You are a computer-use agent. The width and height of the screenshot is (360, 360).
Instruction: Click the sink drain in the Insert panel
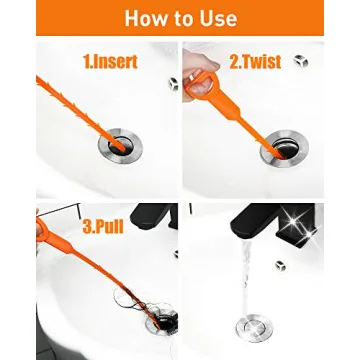click(120, 146)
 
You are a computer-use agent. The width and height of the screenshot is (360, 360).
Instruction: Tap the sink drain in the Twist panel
click(282, 150)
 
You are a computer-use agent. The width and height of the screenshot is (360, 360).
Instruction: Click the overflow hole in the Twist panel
click(301, 62)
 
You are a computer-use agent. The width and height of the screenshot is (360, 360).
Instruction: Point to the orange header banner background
click(60, 18)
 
